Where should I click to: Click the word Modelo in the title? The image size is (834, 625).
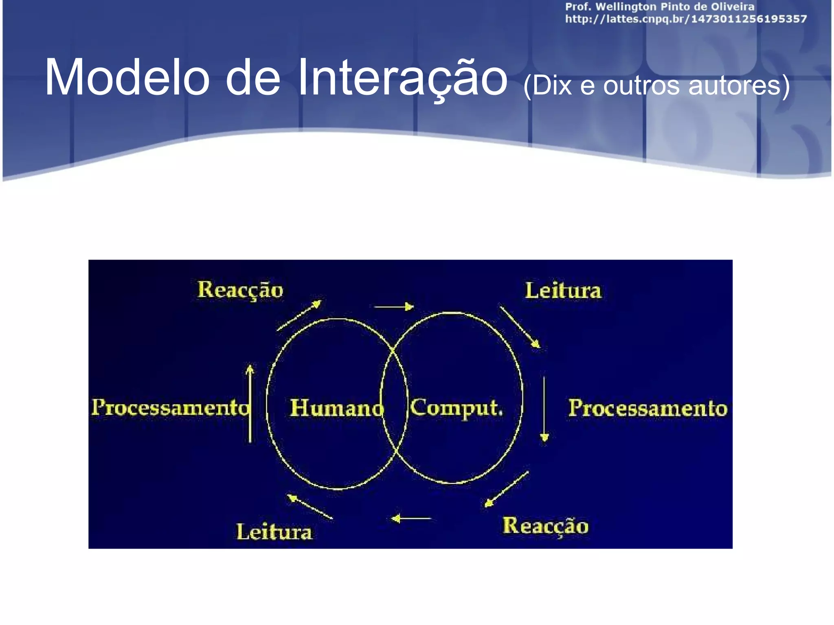tap(127, 77)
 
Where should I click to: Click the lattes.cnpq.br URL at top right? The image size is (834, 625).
tap(686, 19)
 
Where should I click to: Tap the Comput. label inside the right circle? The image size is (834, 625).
tap(456, 408)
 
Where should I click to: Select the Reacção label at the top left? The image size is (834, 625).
tap(240, 291)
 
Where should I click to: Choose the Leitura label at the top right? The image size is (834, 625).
tap(563, 291)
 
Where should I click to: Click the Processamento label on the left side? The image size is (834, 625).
tap(170, 407)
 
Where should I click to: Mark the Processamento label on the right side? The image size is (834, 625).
tap(647, 408)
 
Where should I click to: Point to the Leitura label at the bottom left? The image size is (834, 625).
tap(274, 532)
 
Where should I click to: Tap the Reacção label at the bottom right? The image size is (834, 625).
tap(545, 526)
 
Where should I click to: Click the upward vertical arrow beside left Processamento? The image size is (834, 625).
tap(250, 403)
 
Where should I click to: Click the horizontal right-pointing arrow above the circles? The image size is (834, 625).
tap(394, 306)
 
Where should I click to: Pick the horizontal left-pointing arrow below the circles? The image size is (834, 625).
tap(411, 518)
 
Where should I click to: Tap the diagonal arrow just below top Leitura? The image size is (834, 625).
tap(520, 327)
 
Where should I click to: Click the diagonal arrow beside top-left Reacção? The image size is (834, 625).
tap(299, 315)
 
